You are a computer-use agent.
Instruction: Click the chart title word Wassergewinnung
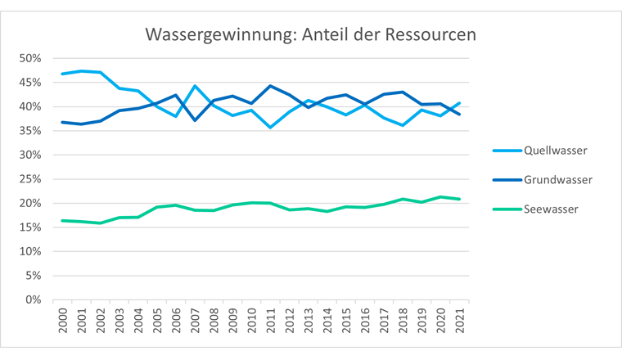click(x=205, y=36)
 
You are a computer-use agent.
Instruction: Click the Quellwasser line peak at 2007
click(x=195, y=86)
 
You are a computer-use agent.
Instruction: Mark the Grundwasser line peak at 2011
click(x=269, y=86)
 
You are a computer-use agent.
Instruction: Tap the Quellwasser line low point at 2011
click(x=269, y=128)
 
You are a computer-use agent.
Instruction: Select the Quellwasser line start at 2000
click(x=63, y=74)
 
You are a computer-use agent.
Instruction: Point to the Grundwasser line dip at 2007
click(x=195, y=120)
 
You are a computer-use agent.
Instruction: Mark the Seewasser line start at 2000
click(x=63, y=220)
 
